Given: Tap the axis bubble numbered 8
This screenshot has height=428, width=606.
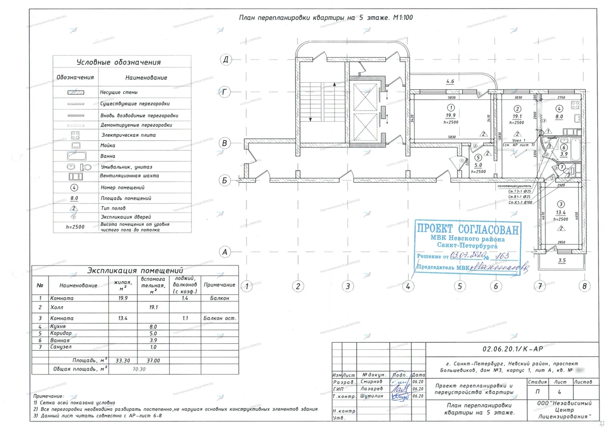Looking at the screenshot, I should click(585, 286).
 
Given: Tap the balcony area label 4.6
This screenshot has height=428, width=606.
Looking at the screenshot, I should click(450, 82).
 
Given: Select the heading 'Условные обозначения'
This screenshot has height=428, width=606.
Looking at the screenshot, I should click(119, 63).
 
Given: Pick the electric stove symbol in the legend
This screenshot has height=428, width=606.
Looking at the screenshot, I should click(76, 135).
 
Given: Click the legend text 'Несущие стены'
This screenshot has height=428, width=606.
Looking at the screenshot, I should click(119, 93).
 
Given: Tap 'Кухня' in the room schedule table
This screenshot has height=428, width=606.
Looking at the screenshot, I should click(59, 327).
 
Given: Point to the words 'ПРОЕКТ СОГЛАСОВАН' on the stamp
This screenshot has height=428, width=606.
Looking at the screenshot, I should click(467, 229).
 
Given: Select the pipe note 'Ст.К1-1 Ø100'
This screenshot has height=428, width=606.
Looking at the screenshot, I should click(521, 202).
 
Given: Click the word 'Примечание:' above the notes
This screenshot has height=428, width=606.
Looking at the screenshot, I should click(48, 396).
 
